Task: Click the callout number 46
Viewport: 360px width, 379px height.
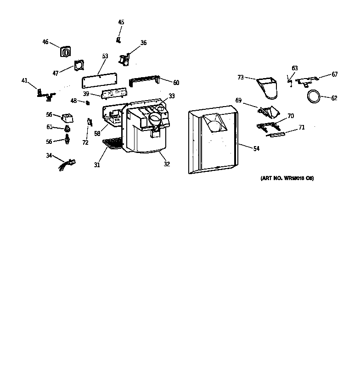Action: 45,42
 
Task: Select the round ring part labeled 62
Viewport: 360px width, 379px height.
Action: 314,96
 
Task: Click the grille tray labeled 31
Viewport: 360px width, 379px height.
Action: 112,144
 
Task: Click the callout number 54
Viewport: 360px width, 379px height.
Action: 256,148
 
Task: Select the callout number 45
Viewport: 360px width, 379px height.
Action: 121,22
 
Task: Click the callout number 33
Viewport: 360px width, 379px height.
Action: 171,96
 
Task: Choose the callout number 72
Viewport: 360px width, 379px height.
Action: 85,142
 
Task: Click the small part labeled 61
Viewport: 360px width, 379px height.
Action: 68,127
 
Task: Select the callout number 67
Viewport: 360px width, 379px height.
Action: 334,74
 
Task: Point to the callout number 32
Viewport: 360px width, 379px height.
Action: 166,163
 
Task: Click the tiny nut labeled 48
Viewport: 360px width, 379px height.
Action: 87,102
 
